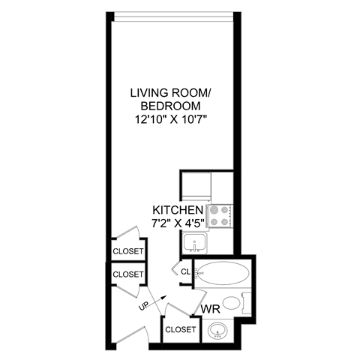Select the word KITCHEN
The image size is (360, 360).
(x=178, y=210)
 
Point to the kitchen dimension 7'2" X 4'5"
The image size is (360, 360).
(x=178, y=223)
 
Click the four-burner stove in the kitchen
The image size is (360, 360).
(x=219, y=216)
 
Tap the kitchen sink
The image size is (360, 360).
(x=197, y=243)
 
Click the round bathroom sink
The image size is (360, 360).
(x=220, y=330)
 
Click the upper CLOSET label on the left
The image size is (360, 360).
(x=127, y=250)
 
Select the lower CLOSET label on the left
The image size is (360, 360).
(x=127, y=275)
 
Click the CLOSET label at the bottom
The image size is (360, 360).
(x=180, y=329)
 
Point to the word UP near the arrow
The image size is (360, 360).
(x=142, y=307)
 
